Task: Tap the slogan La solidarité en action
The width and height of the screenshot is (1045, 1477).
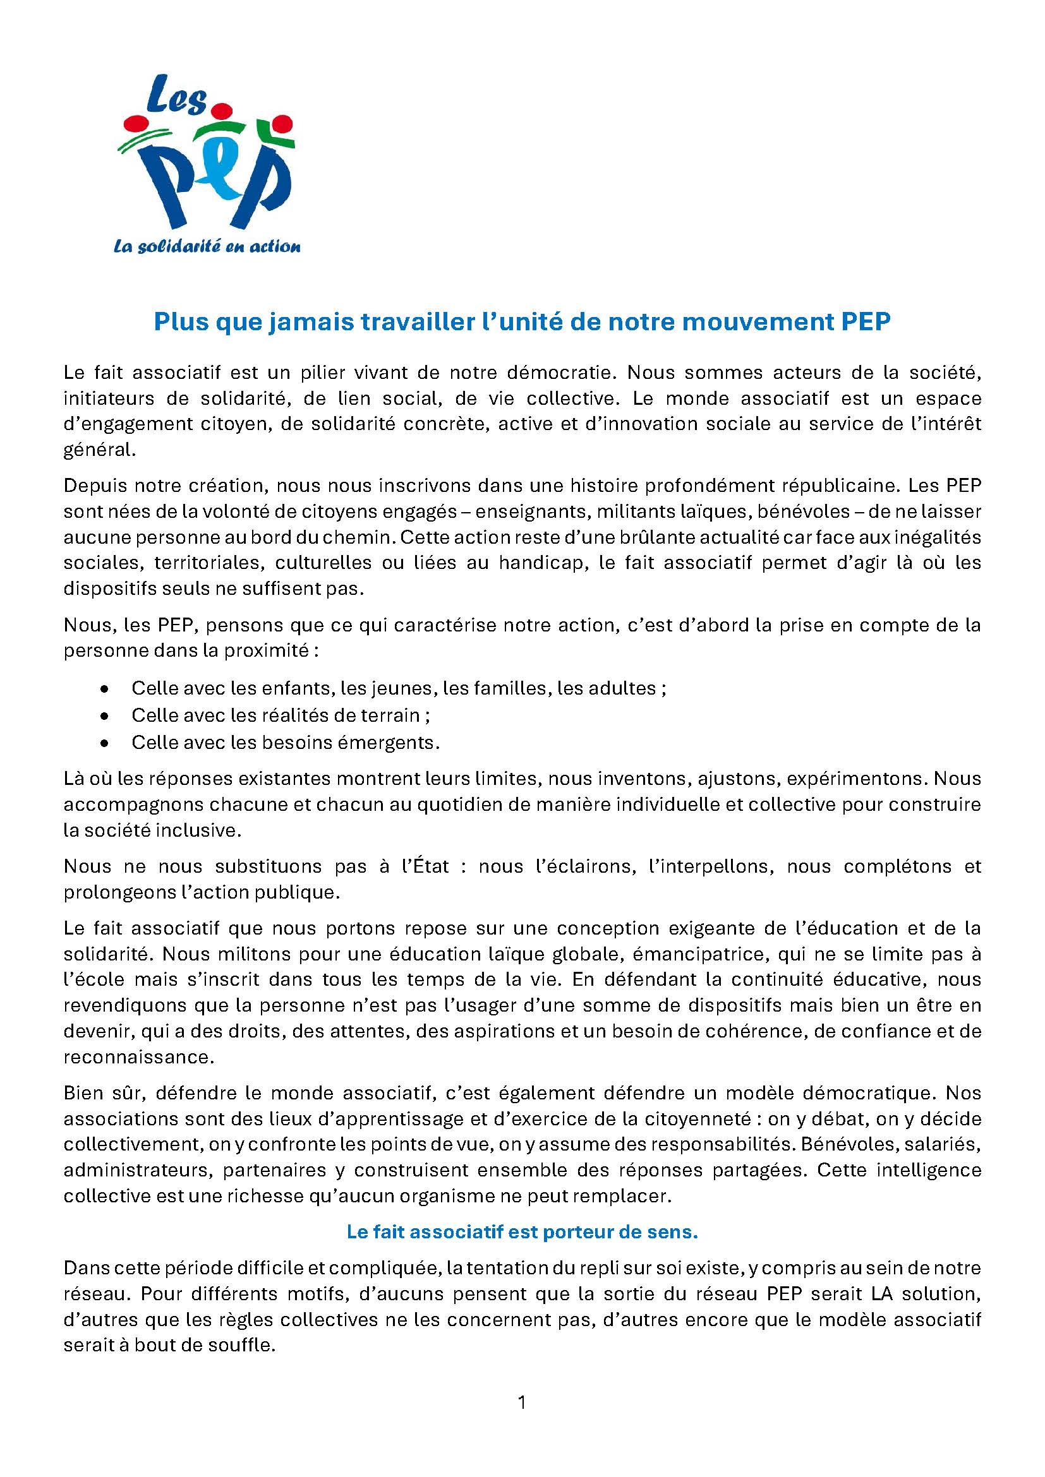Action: click(207, 246)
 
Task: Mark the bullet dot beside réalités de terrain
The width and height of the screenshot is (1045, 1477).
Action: click(104, 715)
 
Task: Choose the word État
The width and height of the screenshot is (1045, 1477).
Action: click(425, 866)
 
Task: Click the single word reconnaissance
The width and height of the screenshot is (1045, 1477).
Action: click(138, 1057)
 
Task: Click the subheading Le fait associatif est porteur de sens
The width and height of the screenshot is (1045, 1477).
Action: click(522, 1232)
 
